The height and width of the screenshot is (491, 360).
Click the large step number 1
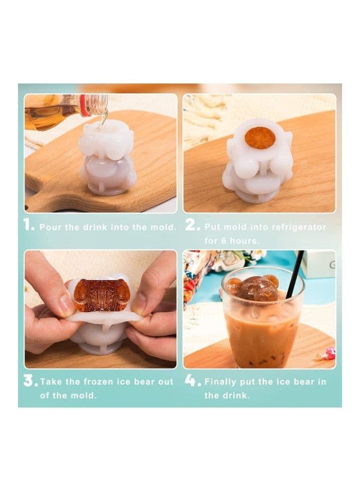[28, 225]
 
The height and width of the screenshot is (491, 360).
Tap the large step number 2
[191, 225]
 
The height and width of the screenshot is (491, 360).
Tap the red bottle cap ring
[83, 106]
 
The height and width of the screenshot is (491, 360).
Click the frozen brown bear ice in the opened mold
[101, 295]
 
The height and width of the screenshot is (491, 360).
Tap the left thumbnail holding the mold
[67, 304]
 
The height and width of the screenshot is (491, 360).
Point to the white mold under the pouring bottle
[107, 158]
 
